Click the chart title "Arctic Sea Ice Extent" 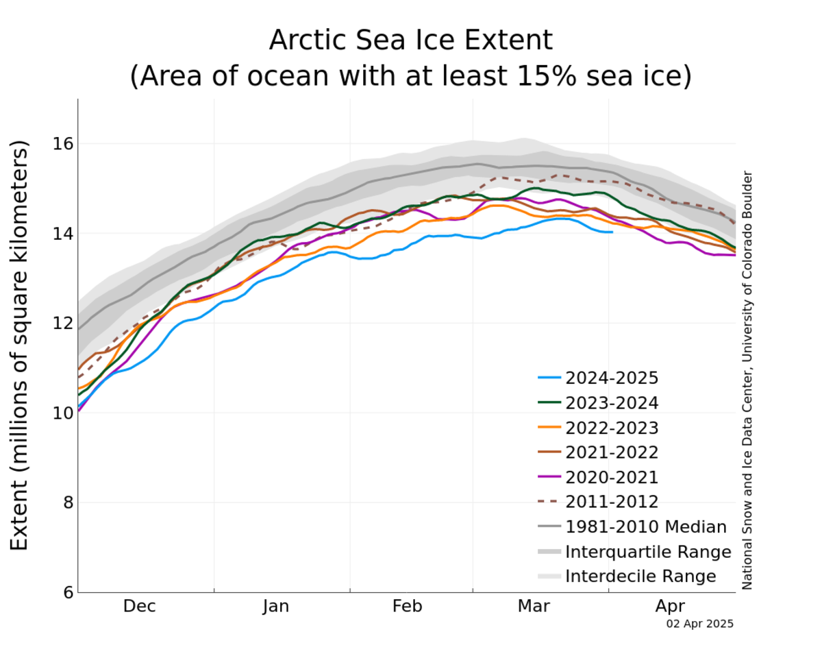[410, 40]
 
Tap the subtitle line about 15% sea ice [410, 76]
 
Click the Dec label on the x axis [140, 607]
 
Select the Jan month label [275, 607]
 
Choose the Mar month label [534, 607]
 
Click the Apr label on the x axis [669, 607]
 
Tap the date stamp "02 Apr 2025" [699, 624]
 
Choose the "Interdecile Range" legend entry [640, 576]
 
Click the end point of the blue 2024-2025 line [612, 232]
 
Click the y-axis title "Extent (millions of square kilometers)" [20, 345]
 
